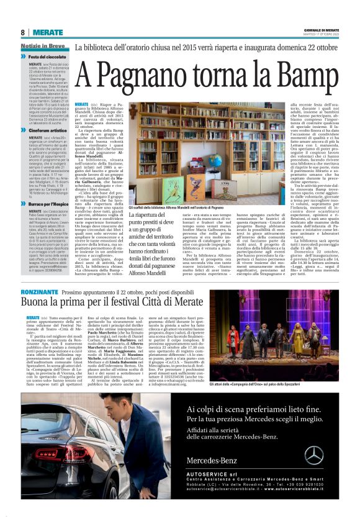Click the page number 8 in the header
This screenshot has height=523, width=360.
coord(22,32)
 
